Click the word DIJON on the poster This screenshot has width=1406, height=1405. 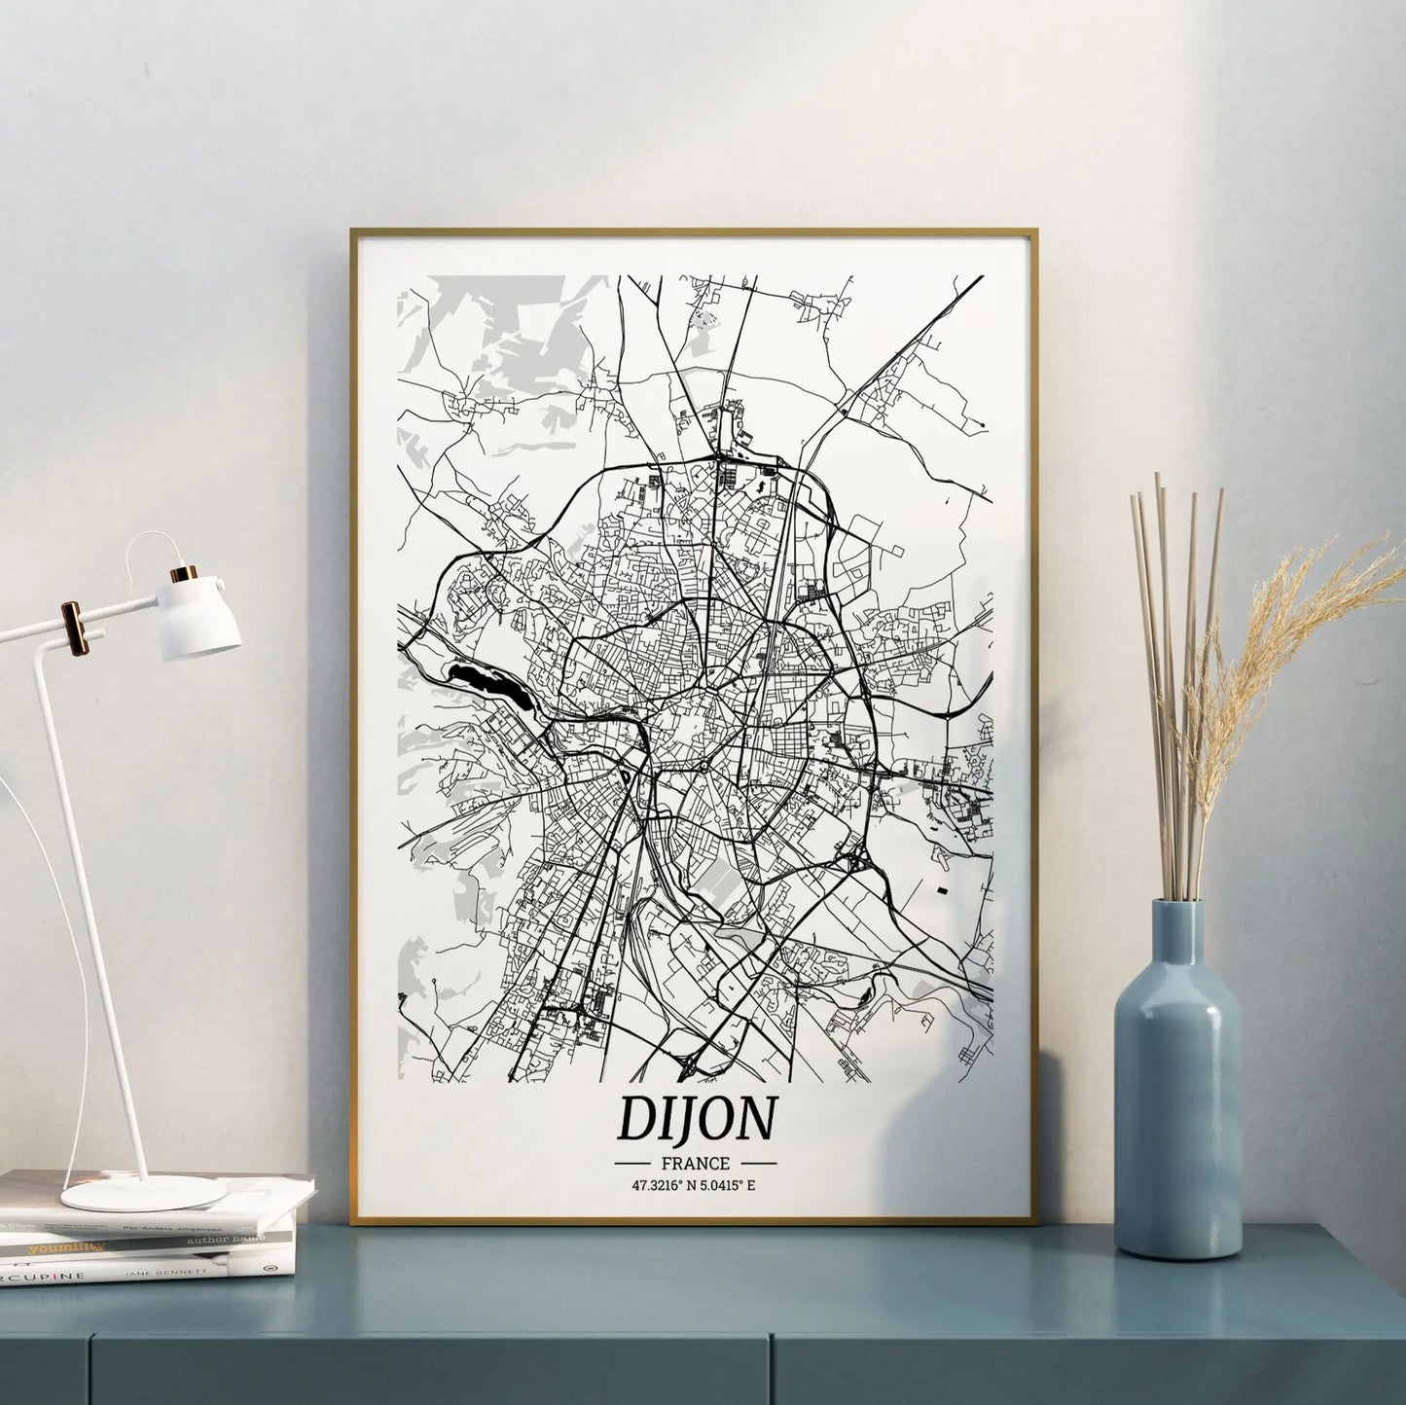click(x=697, y=1119)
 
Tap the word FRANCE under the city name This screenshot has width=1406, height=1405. click(x=695, y=1163)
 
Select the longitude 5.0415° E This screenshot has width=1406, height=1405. click(x=730, y=1185)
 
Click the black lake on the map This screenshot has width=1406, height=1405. click(x=485, y=683)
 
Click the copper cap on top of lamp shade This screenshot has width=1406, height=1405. click(x=181, y=574)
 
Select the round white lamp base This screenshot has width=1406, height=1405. click(x=143, y=1193)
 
